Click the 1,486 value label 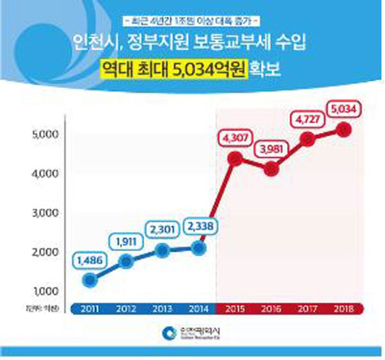[x=90, y=261]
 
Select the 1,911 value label [x=126, y=242]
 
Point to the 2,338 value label [x=200, y=227]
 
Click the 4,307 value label [x=235, y=137]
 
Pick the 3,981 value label [x=272, y=150]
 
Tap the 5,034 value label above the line [x=345, y=108]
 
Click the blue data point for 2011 [x=90, y=280]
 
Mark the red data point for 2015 [x=235, y=158]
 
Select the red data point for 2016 [x=272, y=169]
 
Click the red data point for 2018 [x=345, y=130]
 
